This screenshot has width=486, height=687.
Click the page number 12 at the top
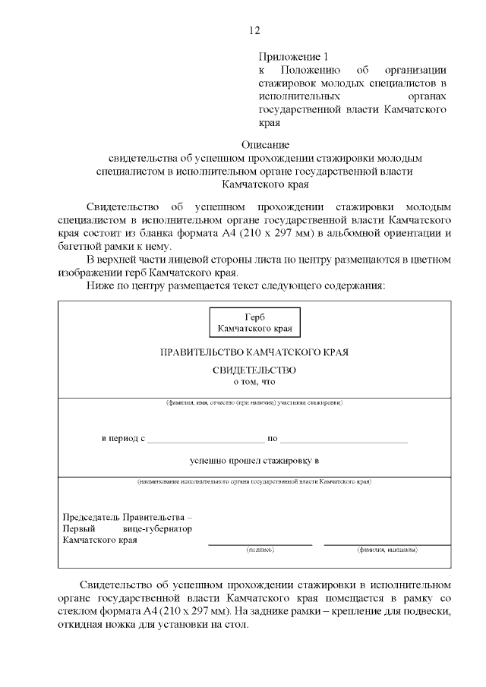pyautogui.click(x=254, y=30)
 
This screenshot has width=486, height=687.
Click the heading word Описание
pyautogui.click(x=265, y=144)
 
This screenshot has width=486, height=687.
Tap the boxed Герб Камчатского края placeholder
pyautogui.click(x=254, y=323)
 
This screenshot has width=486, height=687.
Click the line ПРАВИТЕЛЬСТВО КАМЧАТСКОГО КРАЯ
pyautogui.click(x=254, y=352)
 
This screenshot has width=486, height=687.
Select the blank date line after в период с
pyautogui.click(x=206, y=441)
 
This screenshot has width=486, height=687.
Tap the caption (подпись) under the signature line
pyautogui.click(x=260, y=549)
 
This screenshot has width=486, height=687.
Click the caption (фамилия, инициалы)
pyautogui.click(x=387, y=549)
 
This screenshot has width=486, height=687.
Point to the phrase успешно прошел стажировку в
pyautogui.click(x=254, y=460)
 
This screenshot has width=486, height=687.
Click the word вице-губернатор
pyautogui.click(x=157, y=528)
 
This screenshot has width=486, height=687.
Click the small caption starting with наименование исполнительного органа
pyautogui.click(x=254, y=481)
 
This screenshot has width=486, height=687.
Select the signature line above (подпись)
pyautogui.click(x=260, y=544)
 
